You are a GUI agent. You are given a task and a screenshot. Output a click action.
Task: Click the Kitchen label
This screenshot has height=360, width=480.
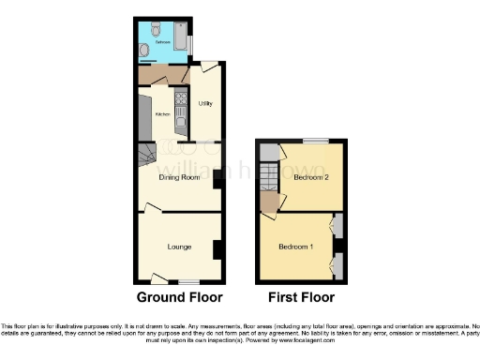(161, 114)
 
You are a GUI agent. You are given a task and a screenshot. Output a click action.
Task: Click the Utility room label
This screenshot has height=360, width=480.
(205, 103)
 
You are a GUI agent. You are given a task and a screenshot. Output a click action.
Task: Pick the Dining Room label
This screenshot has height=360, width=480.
(179, 176)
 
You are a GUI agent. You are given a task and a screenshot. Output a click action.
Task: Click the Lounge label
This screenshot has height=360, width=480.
(179, 247)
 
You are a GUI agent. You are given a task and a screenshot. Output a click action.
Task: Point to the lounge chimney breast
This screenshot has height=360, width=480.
(217, 249)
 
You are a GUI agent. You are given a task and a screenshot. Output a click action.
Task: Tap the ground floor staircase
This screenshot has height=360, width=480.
(147, 155)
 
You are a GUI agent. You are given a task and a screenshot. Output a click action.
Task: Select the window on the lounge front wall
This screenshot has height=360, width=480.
(190, 281)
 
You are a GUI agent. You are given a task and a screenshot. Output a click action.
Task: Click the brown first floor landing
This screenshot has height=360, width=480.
(270, 202)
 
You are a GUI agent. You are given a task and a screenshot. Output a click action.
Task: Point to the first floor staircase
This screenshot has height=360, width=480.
(270, 175)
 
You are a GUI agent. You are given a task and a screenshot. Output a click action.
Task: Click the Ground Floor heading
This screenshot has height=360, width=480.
(180, 298)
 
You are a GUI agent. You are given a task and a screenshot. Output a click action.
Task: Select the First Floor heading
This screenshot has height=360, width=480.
(301, 298)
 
